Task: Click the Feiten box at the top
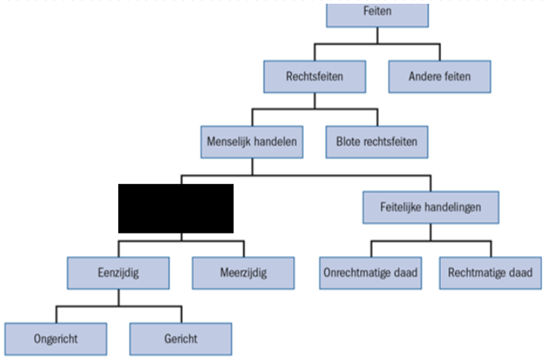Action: pyautogui.click(x=377, y=16)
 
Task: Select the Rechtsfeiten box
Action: pyautogui.click(x=314, y=76)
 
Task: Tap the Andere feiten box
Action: pyautogui.click(x=439, y=76)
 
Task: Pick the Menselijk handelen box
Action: pyautogui.click(x=252, y=142)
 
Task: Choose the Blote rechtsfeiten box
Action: pyautogui.click(x=377, y=142)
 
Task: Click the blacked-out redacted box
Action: pyautogui.click(x=176, y=208)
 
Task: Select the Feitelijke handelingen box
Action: pyautogui.click(x=430, y=207)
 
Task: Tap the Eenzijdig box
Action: pyautogui.click(x=118, y=273)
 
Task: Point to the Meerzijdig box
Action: pyautogui.click(x=243, y=273)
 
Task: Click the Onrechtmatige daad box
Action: pyautogui.click(x=371, y=273)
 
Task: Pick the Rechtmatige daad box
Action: pyautogui.click(x=490, y=273)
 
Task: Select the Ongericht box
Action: pyautogui.click(x=55, y=339)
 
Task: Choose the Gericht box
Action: pyautogui.click(x=180, y=339)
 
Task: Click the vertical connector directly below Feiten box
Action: pyautogui.click(x=377, y=35)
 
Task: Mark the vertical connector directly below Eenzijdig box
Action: pyautogui.click(x=118, y=298)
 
